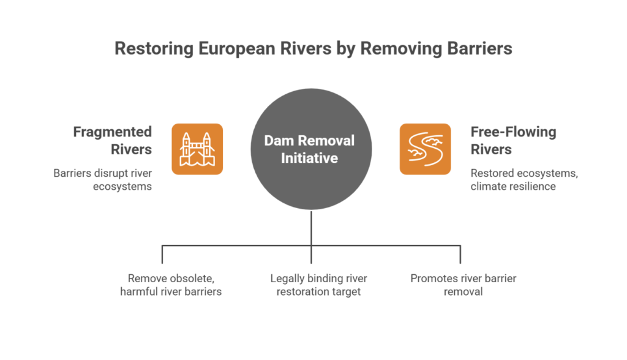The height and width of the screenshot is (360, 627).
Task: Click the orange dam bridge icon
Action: pyautogui.click(x=197, y=149)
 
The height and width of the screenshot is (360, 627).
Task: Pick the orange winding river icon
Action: pyautogui.click(x=425, y=149)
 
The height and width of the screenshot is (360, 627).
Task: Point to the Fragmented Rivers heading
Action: pyautogui.click(x=113, y=140)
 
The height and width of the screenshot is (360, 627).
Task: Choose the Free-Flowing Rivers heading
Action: pyautogui.click(x=513, y=140)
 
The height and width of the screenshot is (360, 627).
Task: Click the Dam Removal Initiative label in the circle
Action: pyautogui.click(x=309, y=149)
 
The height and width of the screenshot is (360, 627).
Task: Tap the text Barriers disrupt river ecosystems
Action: pyautogui.click(x=102, y=180)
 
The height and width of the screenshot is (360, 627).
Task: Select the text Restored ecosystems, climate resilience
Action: pyautogui.click(x=524, y=180)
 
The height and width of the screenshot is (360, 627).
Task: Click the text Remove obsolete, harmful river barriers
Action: pyautogui.click(x=171, y=285)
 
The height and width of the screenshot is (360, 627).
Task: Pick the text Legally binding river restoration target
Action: pyautogui.click(x=318, y=285)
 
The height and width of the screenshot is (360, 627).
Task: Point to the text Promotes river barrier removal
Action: pyautogui.click(x=464, y=285)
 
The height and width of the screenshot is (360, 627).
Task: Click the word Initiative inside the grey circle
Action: pyautogui.click(x=309, y=158)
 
